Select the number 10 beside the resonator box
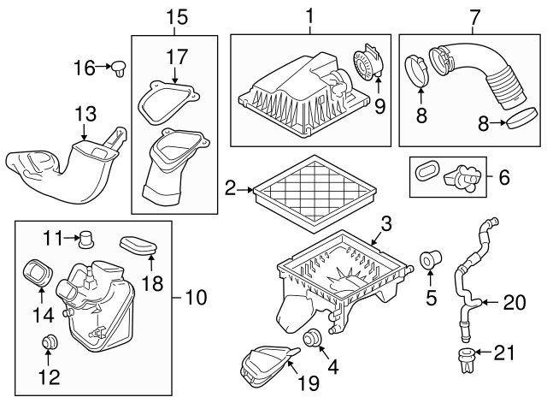[x=196, y=298]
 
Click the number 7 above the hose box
[x=474, y=15]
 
